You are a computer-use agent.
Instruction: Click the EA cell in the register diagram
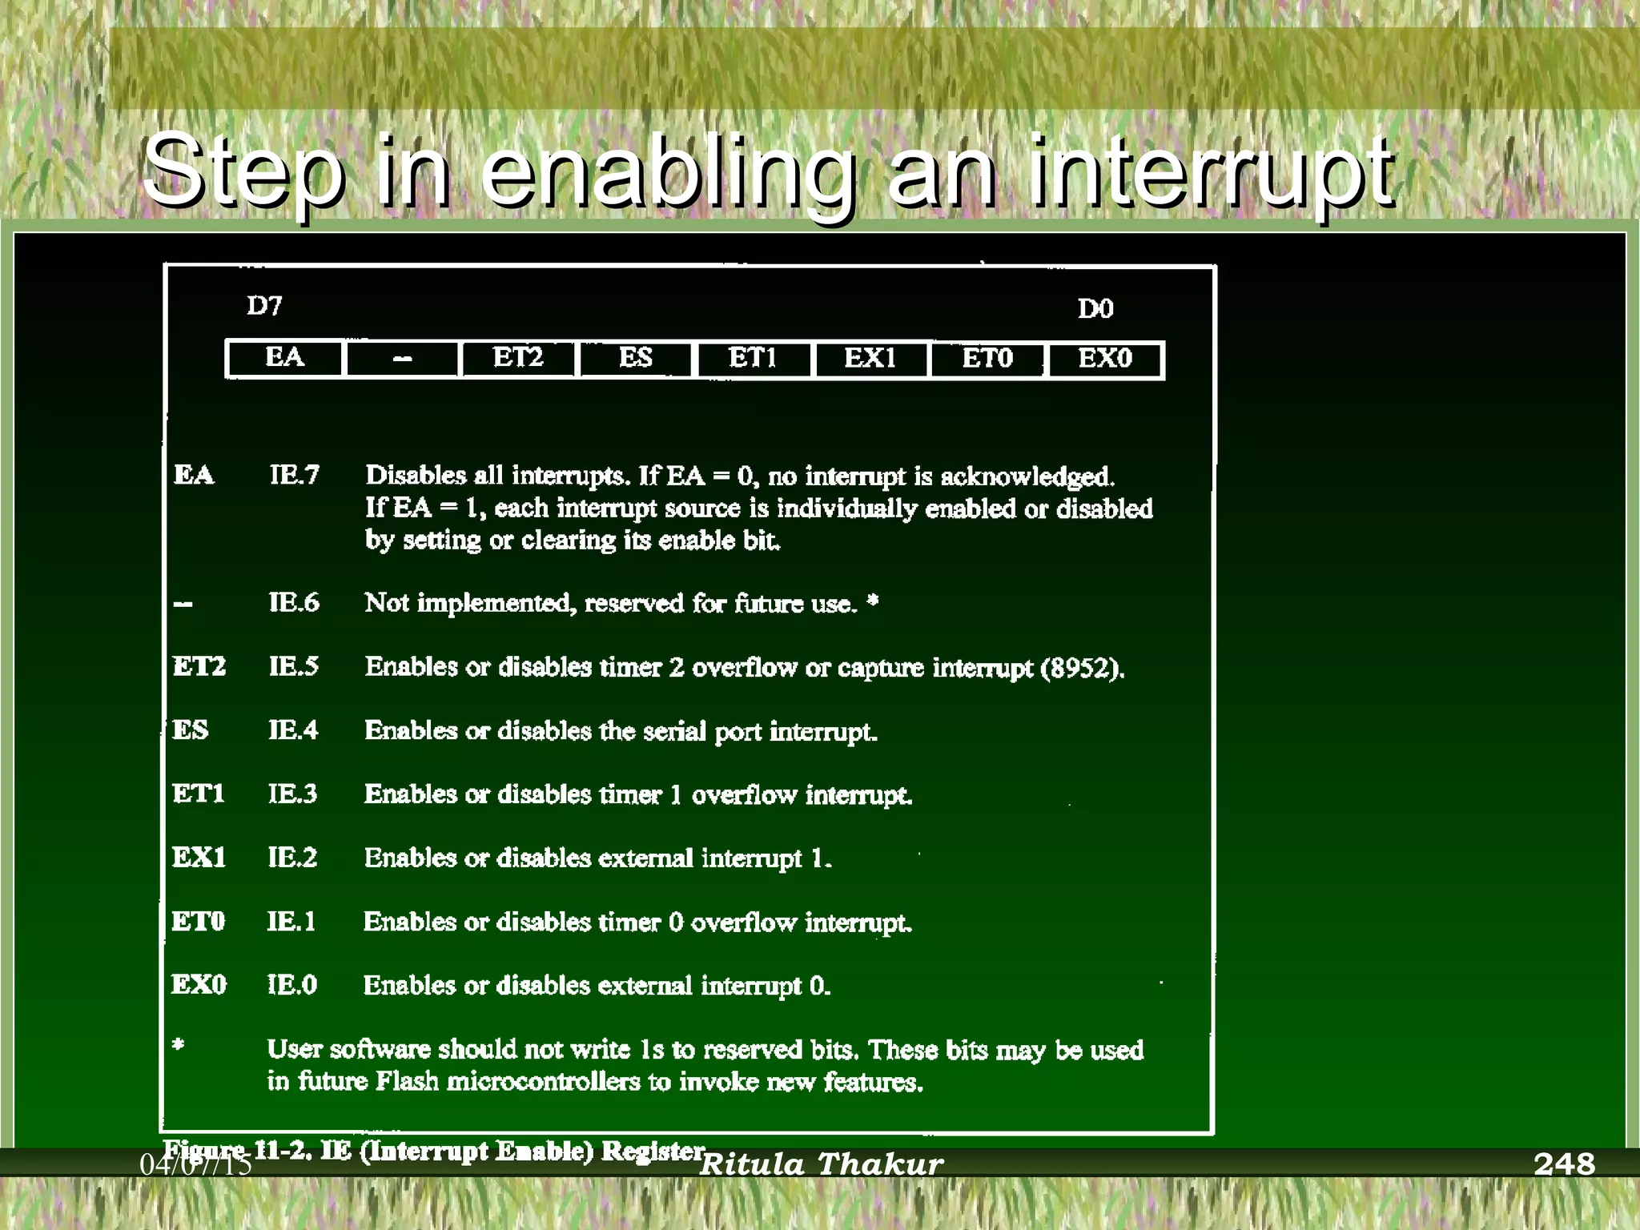pos(285,357)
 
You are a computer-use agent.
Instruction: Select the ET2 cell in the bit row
pos(518,357)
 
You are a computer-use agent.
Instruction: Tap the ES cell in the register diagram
pos(635,357)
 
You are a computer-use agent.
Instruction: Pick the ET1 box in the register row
pos(753,357)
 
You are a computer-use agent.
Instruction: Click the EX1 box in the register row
pos(870,357)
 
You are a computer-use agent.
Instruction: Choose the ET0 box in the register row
pos(987,357)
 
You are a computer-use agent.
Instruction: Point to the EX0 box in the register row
pos(1105,357)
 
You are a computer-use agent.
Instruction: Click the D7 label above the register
pos(264,306)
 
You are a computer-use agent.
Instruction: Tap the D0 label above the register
pos(1095,309)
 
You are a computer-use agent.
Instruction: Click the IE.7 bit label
pos(294,476)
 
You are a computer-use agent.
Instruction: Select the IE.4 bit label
pos(293,730)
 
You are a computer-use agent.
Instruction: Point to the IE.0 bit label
pos(292,984)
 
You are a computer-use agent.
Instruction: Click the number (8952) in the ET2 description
pos(1081,668)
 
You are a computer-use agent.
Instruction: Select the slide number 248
pos(1564,1164)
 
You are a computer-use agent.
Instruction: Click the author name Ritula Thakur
pos(822,1164)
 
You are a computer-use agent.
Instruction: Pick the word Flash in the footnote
pos(408,1082)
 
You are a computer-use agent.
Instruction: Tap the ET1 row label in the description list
pos(199,794)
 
